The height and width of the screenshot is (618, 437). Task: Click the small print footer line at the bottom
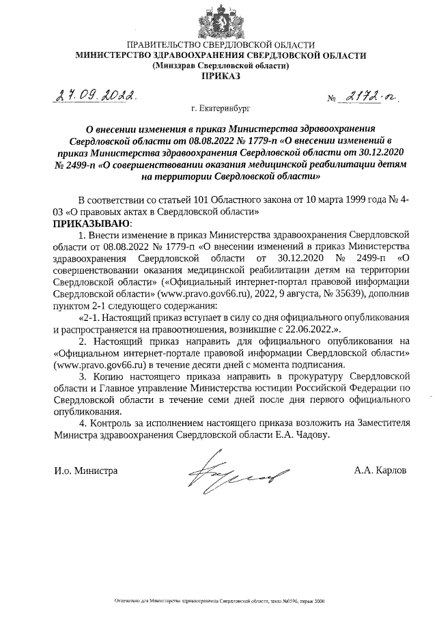(x=218, y=602)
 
